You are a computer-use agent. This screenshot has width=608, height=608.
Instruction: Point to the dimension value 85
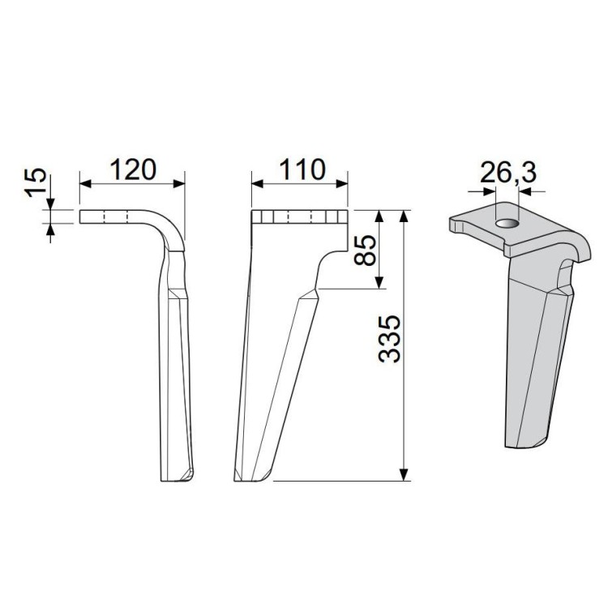pyautogui.click(x=364, y=250)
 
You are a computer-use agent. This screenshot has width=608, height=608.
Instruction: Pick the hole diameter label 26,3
pyautogui.click(x=507, y=172)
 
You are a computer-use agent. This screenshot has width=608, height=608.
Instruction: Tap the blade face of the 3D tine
pyautogui.click(x=531, y=357)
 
